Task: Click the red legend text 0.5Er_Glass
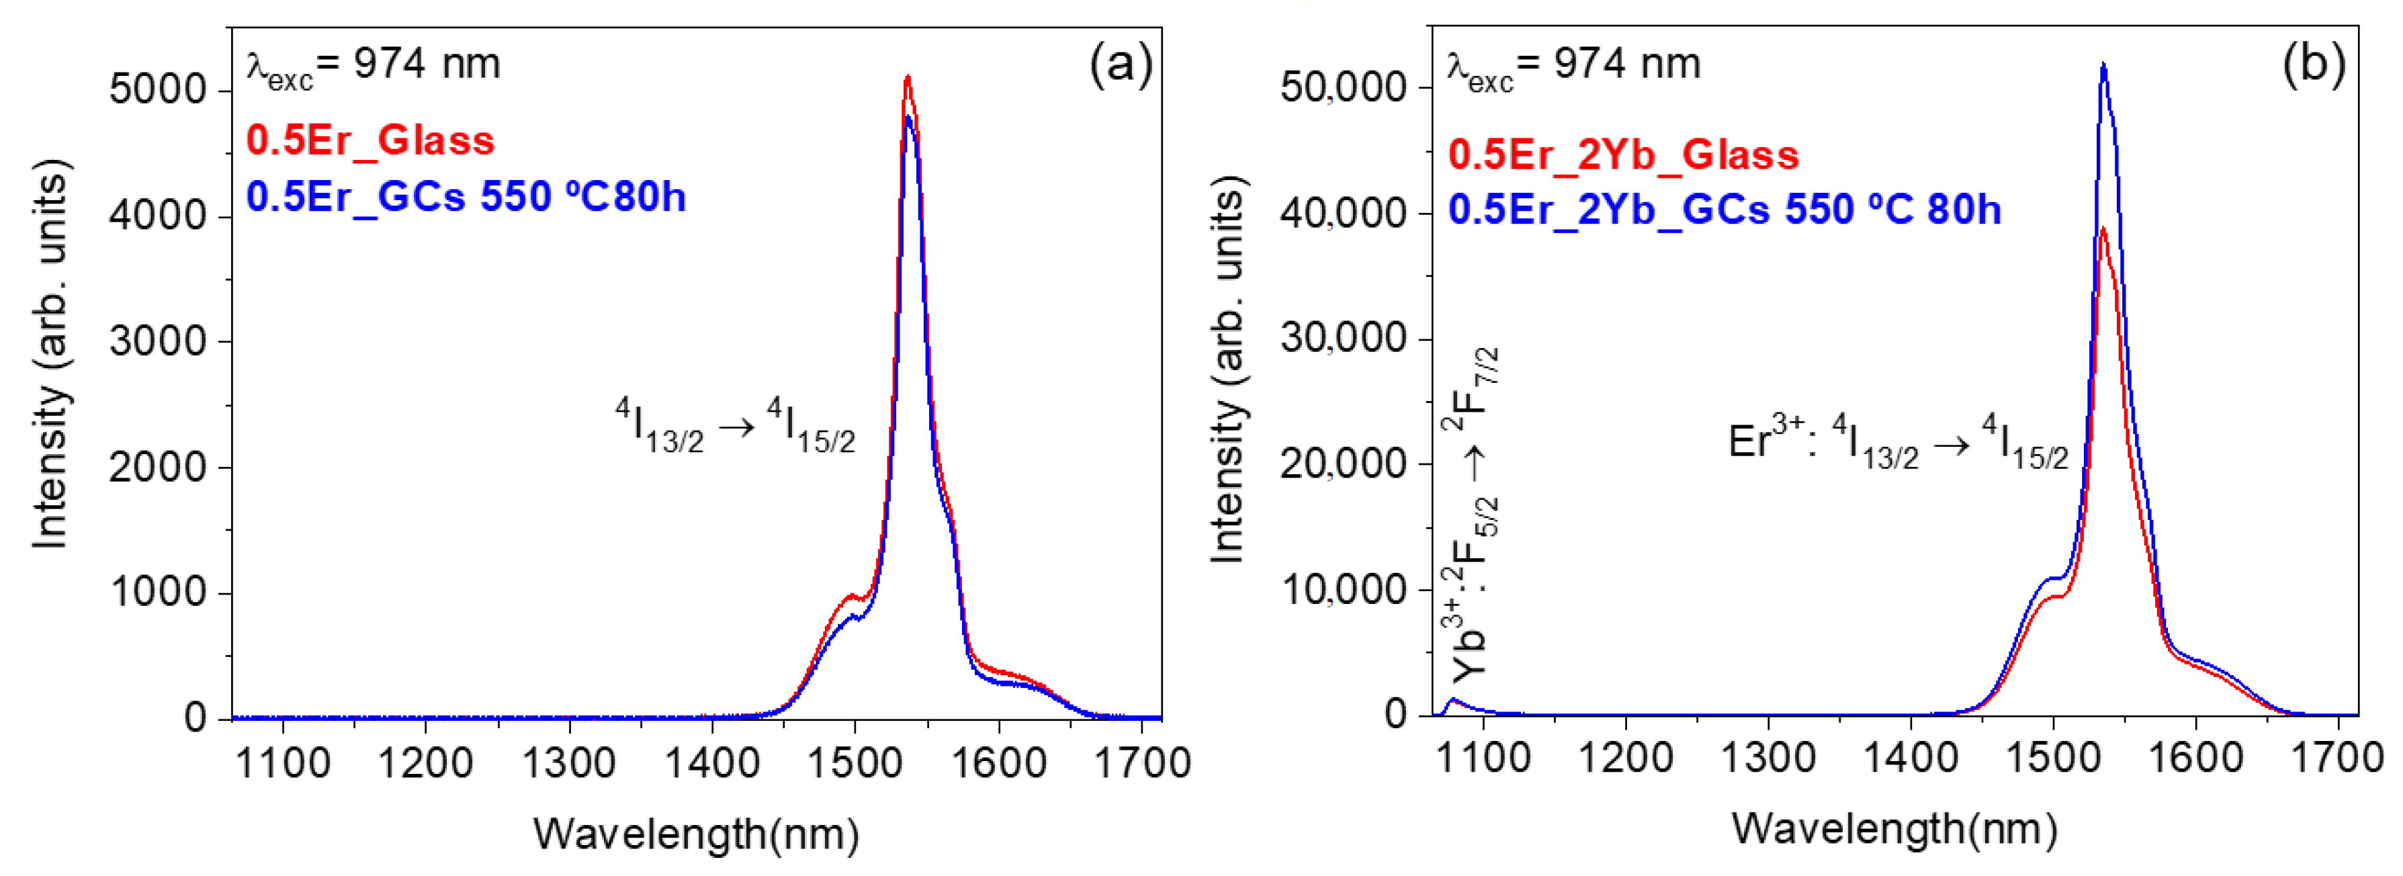coord(370,141)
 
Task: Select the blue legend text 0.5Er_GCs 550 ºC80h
coord(466,198)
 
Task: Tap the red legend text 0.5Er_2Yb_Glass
coord(1623,155)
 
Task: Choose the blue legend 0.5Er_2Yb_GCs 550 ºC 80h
coord(1724,210)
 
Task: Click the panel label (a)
coord(1121,65)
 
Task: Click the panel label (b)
coord(2314,64)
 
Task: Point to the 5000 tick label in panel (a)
coord(157,91)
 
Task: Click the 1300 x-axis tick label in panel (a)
coord(568,763)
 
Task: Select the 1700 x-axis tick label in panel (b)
coord(2336,756)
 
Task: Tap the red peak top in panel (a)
coord(907,77)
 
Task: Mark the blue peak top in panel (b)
coord(2103,64)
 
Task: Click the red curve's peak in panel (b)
coord(2103,228)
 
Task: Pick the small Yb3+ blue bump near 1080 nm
coord(1453,700)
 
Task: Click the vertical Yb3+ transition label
coord(1471,513)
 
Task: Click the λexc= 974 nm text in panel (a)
coord(373,65)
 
